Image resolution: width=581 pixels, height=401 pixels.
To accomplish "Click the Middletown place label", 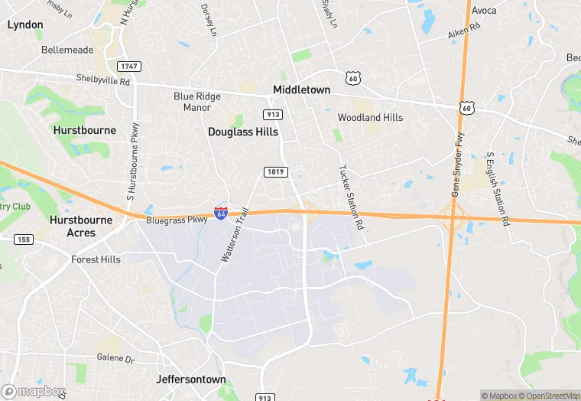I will [x=302, y=90].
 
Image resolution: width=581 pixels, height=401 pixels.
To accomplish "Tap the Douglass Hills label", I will [x=242, y=132].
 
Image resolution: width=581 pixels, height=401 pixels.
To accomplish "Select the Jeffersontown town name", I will [x=190, y=380].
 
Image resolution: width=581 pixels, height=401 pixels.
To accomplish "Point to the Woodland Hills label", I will [x=370, y=118].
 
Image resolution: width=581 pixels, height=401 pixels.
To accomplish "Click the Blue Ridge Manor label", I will [x=197, y=102].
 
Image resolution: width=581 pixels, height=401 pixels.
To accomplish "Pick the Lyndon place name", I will [x=25, y=24].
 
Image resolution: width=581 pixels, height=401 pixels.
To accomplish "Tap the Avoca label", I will [x=484, y=11].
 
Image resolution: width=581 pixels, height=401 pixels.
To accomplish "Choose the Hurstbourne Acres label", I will [x=82, y=227].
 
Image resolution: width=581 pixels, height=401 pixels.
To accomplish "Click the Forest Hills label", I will [x=96, y=260].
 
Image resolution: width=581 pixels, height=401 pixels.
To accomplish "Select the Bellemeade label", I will [x=67, y=50].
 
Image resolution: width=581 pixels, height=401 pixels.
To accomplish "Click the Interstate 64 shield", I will [x=221, y=214].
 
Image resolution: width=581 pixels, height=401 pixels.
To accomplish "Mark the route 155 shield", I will [x=23, y=240].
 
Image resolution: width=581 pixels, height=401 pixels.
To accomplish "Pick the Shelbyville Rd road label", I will [x=103, y=78].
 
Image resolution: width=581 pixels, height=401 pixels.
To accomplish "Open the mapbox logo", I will [x=33, y=390].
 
